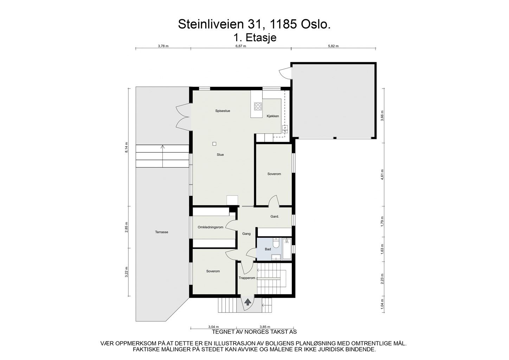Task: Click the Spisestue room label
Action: pos(223,111)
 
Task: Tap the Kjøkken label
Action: pos(273,116)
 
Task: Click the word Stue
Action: pos(220,155)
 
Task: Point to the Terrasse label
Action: pos(162,232)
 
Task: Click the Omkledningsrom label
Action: pos(211,227)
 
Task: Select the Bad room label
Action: pos(268,249)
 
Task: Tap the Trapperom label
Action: pos(247,278)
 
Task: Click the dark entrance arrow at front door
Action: pos(248,302)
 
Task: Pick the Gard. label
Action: pos(275,217)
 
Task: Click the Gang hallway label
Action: pos(246,233)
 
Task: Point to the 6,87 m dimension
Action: pos(240,46)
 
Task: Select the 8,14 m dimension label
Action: pos(127,148)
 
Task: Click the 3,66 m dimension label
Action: pos(382,116)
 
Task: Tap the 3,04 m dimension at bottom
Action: pos(213,327)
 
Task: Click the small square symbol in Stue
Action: pos(214,143)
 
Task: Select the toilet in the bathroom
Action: pos(276,243)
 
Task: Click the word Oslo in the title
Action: pos(317,24)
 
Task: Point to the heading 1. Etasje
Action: pos(255,37)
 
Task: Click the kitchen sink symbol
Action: pos(285,129)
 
